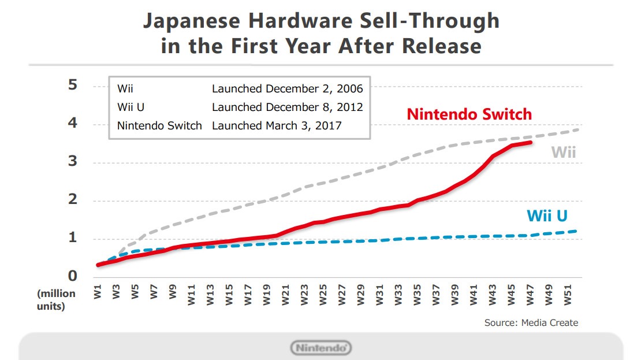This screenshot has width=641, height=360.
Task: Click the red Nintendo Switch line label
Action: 469,114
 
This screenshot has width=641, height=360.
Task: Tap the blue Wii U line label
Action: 546,216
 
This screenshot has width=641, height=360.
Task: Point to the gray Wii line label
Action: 563,153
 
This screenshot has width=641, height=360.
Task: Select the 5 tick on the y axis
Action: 72,85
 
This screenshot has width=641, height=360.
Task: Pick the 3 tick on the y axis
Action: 72,162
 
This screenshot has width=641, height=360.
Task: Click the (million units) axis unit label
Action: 56,299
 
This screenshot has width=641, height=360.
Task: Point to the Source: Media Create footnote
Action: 531,322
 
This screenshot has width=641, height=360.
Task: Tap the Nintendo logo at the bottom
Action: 320,348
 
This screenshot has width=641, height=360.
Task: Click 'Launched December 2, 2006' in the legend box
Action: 287,89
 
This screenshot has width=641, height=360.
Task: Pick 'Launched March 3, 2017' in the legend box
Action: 277,125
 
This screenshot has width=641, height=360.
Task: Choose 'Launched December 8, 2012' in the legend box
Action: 287,107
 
